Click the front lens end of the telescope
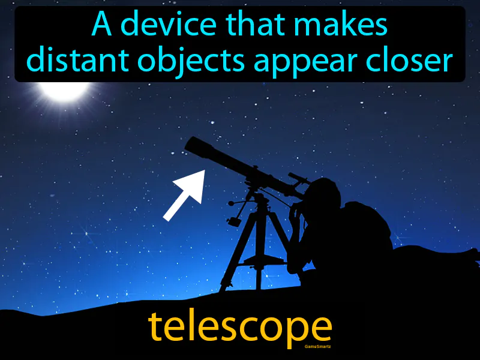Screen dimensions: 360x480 pos(193,145)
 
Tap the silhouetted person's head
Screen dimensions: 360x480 pos(325,196)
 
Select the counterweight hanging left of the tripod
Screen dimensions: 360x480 pos(235,220)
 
